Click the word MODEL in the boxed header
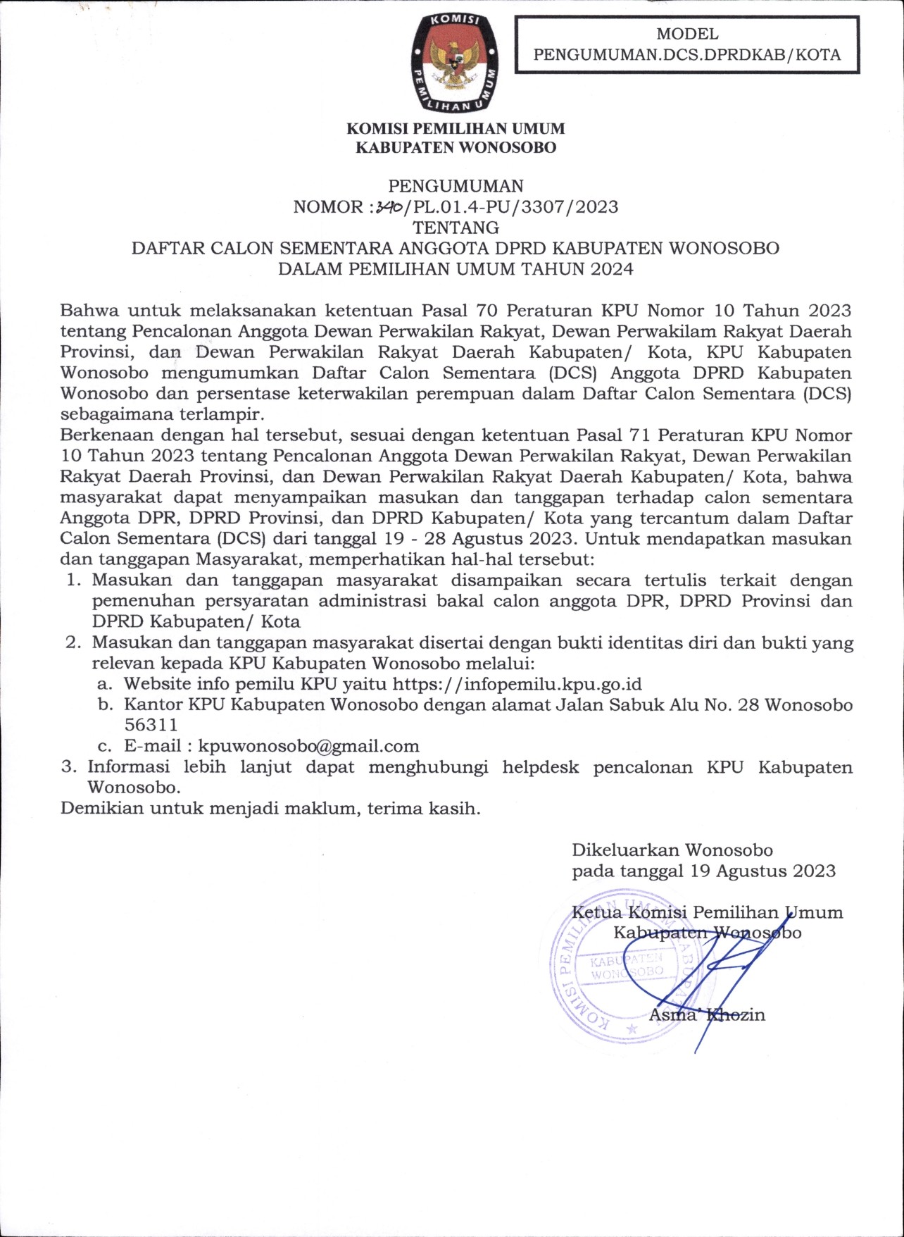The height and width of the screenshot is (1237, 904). tap(687, 34)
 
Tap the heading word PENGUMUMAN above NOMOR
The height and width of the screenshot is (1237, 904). tap(456, 186)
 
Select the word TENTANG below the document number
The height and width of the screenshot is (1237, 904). tap(456, 228)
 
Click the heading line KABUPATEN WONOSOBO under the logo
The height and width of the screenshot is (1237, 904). tap(456, 147)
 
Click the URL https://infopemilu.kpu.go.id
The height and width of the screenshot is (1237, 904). tap(517, 684)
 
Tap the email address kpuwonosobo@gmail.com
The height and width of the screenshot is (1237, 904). tap(308, 746)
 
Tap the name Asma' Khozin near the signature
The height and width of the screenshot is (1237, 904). tap(706, 1015)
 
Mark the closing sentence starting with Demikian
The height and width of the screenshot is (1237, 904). tap(270, 808)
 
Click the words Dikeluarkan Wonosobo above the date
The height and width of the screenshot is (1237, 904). tap(672, 850)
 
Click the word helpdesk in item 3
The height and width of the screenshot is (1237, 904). tap(540, 766)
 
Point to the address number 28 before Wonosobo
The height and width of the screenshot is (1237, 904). tap(748, 704)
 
